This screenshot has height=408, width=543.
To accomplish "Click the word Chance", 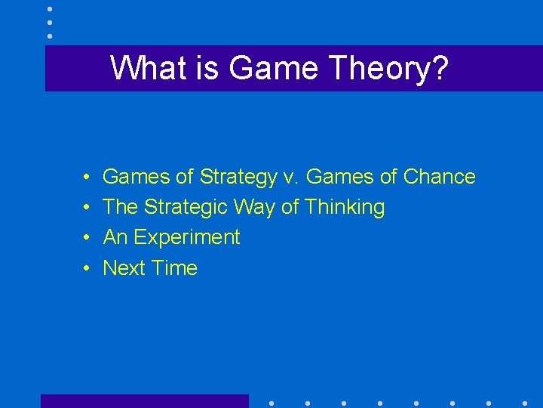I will point(440,177).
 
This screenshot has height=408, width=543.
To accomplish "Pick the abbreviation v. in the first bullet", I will point(291,177).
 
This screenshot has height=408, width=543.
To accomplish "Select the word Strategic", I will point(186,207).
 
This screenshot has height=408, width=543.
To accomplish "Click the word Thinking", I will point(345,207).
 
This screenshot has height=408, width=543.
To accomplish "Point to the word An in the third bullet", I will point(115,237).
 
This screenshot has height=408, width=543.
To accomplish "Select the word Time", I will point(174,267).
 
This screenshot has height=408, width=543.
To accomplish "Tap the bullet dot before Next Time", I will point(88,268).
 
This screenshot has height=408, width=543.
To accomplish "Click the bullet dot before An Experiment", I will point(88,238).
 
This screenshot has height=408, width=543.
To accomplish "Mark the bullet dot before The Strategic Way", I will point(88,208).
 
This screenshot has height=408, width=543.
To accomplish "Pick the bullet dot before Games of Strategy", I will point(88,178).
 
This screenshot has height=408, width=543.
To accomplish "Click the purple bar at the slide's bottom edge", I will point(144,401).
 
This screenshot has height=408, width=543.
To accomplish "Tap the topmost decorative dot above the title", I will point(50,9).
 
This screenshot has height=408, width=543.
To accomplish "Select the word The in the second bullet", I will point(120,207).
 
